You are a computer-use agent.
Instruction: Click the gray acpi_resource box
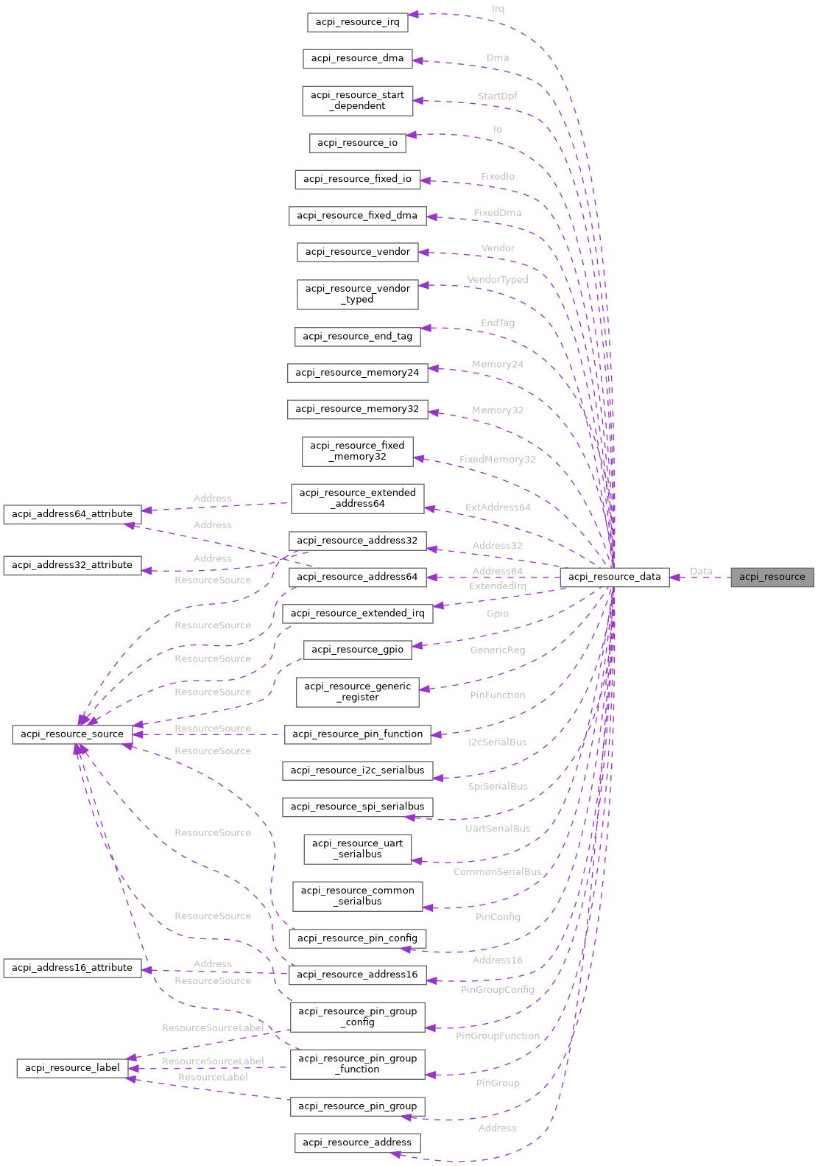(772, 577)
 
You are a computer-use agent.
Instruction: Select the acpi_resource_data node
(614, 577)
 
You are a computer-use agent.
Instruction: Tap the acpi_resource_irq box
(357, 22)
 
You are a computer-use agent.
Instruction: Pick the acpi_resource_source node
(72, 734)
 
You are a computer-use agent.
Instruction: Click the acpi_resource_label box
(72, 1067)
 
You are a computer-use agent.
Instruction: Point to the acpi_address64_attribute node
(72, 513)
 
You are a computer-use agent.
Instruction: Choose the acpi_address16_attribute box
(72, 967)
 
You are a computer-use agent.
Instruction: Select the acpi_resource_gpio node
(357, 649)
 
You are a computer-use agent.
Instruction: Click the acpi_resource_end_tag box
(357, 336)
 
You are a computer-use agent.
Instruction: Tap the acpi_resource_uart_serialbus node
(357, 849)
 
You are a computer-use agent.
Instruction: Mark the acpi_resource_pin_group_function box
(357, 1064)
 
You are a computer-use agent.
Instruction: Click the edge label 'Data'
(701, 571)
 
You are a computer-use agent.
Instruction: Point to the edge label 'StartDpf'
(497, 96)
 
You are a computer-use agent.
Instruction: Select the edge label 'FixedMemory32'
(497, 459)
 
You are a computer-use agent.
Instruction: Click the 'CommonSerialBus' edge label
(497, 871)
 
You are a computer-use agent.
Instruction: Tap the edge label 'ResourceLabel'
(213, 1077)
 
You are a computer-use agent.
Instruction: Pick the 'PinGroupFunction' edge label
(497, 1036)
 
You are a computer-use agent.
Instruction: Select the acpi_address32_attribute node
(72, 565)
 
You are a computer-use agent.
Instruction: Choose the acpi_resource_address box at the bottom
(357, 1142)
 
